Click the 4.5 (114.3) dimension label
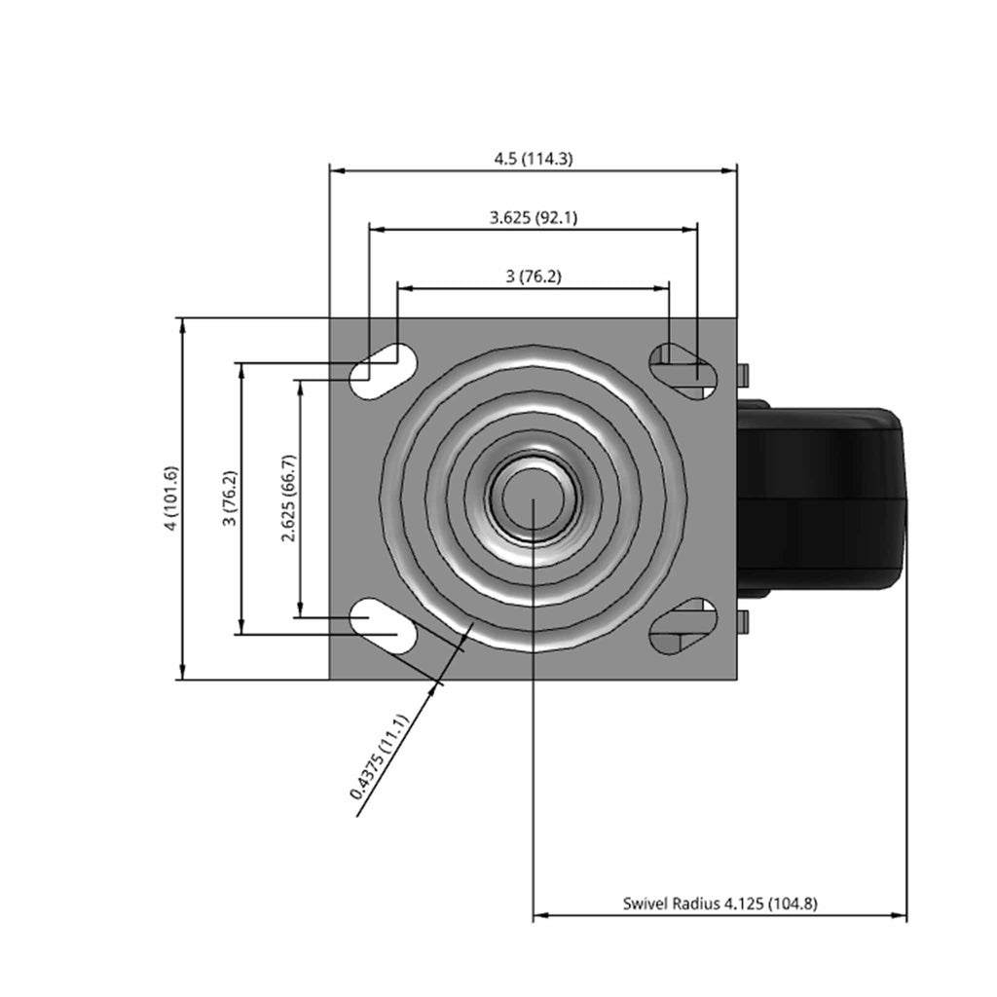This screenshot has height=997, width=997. coord(534,159)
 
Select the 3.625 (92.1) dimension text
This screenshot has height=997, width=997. coord(534,217)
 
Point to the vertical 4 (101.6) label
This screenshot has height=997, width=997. coord(171,498)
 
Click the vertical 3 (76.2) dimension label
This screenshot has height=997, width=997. coord(230,498)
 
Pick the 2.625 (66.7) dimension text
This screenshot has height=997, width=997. coord(288,498)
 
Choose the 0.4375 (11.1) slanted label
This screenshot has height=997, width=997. coord(378,756)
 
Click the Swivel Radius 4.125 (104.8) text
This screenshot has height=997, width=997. coord(720,903)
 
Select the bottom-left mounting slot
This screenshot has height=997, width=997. coord(383,626)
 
